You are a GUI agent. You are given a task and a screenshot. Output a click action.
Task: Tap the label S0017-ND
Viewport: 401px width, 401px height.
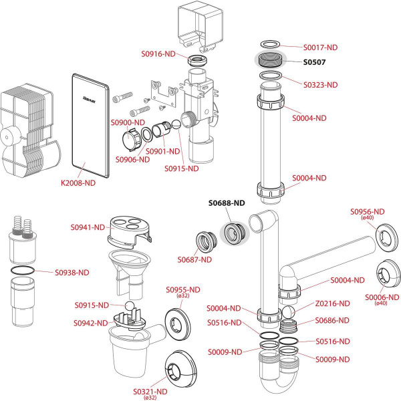coord(320,47)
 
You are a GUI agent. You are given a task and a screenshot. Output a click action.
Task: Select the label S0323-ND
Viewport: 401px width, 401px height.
coord(320,85)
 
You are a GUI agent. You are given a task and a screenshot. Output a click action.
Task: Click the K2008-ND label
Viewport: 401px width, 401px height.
coord(79,182)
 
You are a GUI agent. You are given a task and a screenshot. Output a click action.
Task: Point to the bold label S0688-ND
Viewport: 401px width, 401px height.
coord(227,202)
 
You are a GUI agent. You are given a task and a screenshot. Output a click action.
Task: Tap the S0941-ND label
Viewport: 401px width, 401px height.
coord(88,227)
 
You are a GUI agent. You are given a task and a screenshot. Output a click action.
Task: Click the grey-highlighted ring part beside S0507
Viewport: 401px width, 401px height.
coord(270,59)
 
